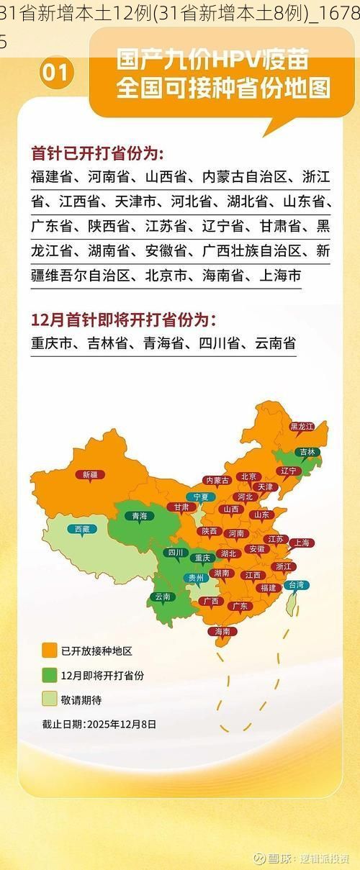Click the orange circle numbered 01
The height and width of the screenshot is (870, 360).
click(x=57, y=74)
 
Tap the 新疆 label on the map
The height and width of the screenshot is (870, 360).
click(x=90, y=474)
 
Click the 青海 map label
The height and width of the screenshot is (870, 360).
click(x=139, y=515)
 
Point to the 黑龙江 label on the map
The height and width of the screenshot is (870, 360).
click(x=302, y=427)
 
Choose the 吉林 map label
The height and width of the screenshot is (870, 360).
click(x=307, y=452)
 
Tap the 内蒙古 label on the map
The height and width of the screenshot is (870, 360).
click(x=217, y=480)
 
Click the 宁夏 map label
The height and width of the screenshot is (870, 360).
click(x=199, y=497)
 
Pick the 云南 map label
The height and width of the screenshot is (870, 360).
click(x=163, y=597)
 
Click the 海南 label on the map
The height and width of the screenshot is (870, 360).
click(x=222, y=631)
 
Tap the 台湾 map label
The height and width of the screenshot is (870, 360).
click(x=296, y=585)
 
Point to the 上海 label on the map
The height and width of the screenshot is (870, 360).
click(x=301, y=543)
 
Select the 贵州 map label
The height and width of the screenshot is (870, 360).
click(x=196, y=577)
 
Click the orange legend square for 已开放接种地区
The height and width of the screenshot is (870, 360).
click(x=49, y=651)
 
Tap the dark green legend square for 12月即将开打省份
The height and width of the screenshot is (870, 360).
click(x=49, y=675)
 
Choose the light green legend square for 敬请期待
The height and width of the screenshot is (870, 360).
click(x=49, y=699)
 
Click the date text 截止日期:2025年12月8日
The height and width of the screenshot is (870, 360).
click(x=99, y=724)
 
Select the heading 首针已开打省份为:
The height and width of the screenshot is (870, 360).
click(x=96, y=153)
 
